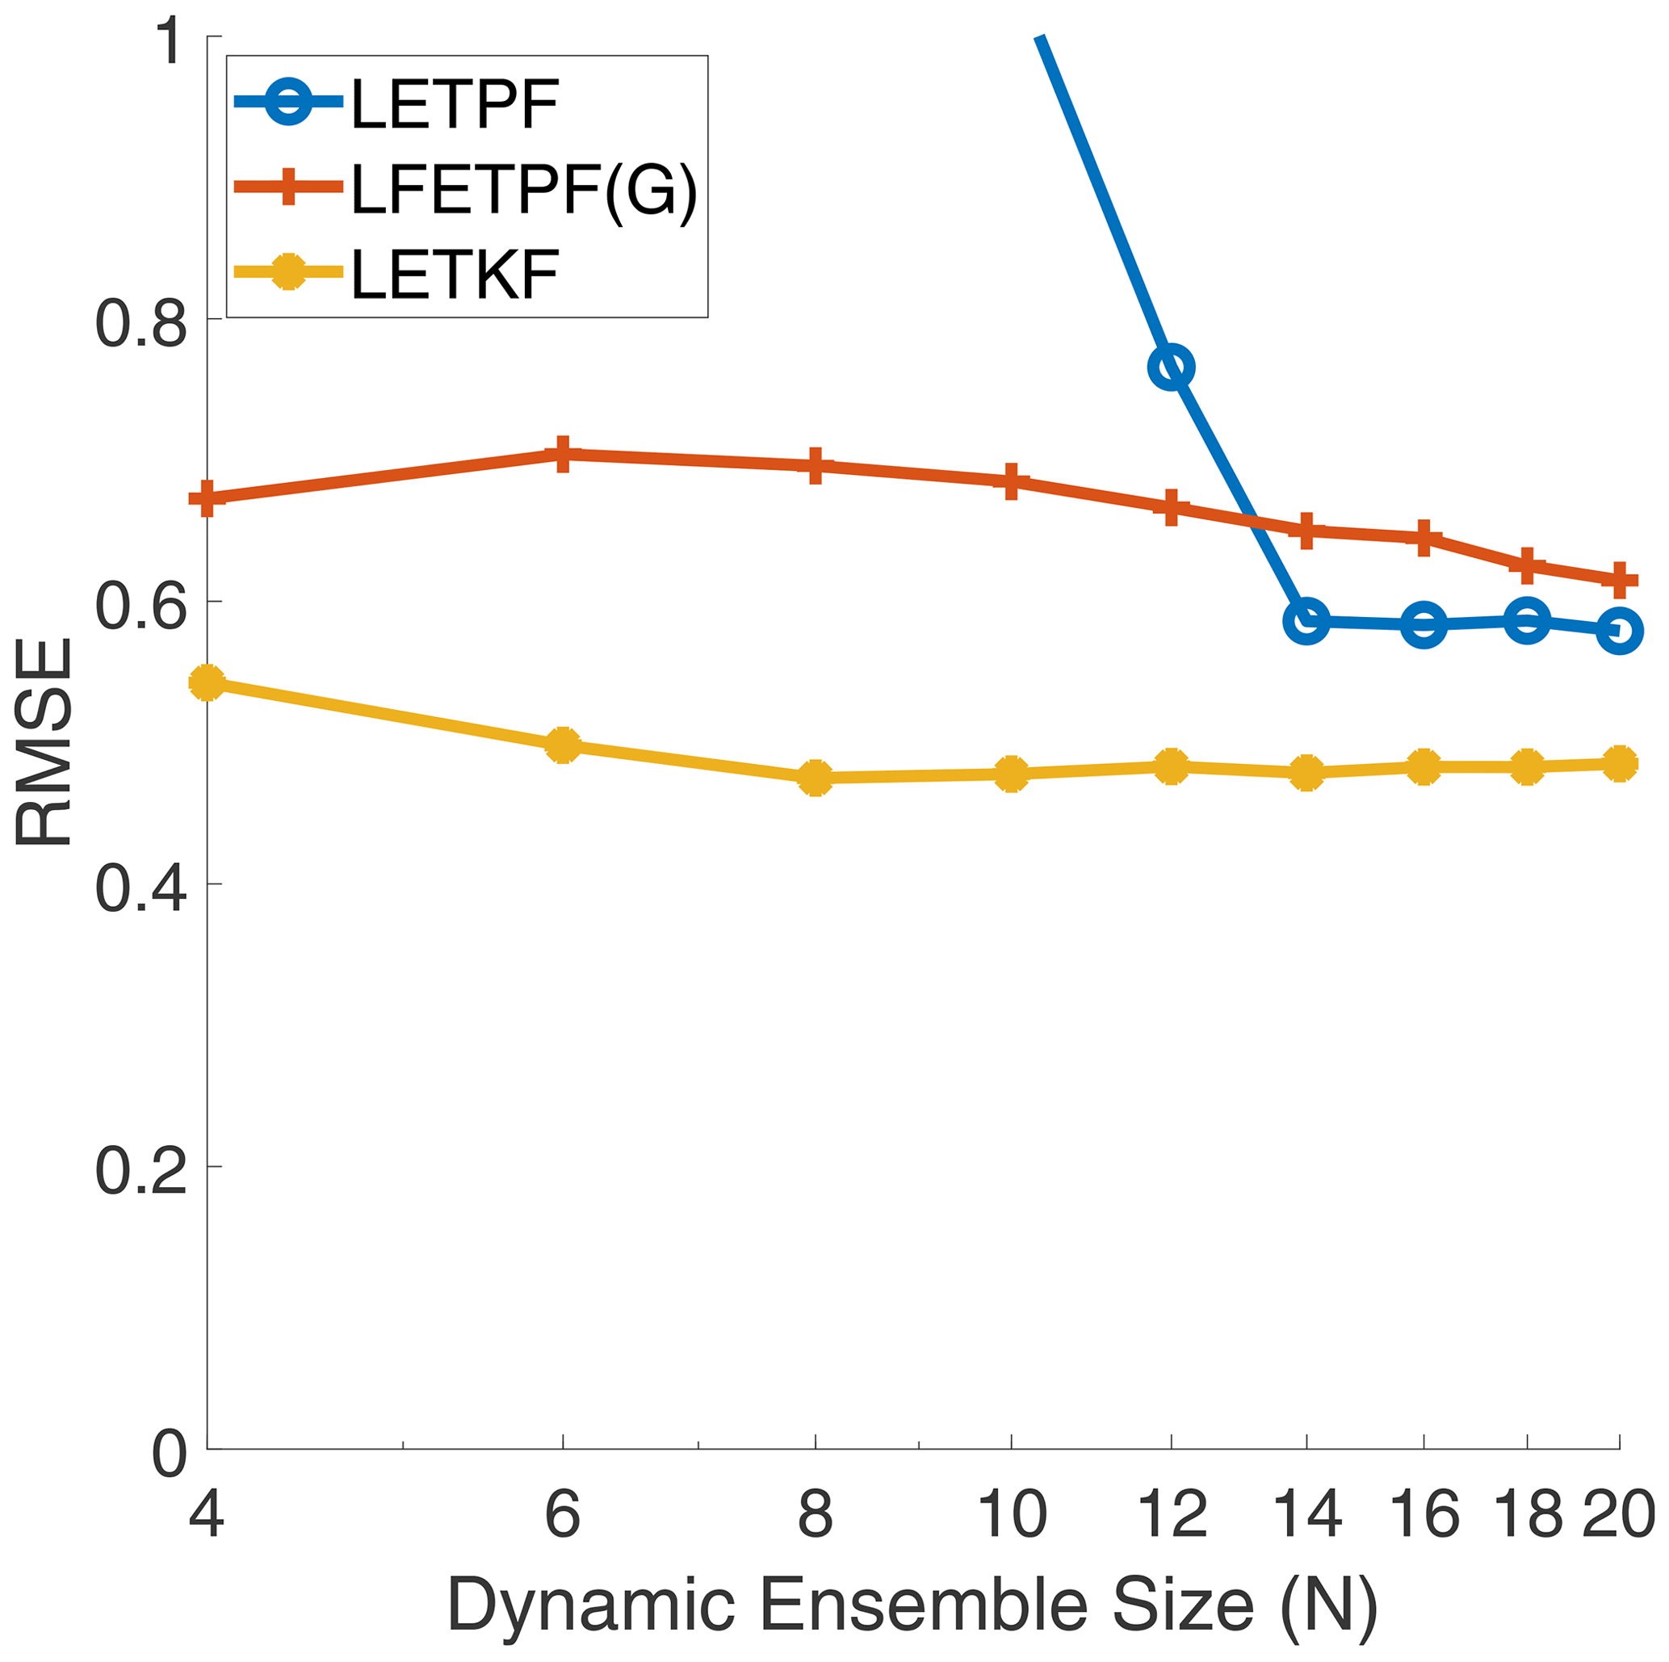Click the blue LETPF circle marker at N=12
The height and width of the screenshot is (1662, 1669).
(1171, 368)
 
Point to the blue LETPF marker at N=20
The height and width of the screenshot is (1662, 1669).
(1619, 630)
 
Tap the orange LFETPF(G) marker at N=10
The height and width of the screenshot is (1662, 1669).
(1011, 481)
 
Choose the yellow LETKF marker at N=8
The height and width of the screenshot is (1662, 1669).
(815, 779)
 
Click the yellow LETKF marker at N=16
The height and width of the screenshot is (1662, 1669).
(1424, 767)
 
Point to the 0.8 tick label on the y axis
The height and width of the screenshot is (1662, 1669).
(140, 325)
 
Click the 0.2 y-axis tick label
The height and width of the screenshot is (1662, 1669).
(140, 1171)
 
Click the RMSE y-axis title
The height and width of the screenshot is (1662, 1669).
(43, 743)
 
